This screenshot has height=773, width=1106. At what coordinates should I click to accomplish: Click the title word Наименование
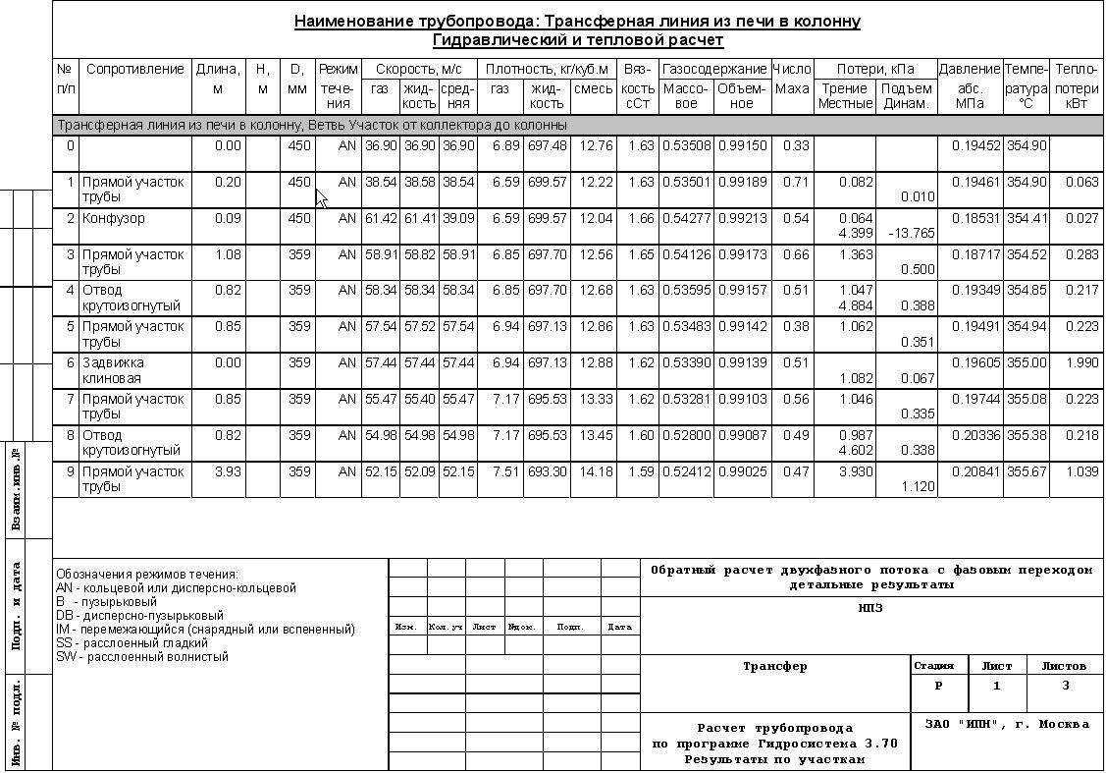coord(346,22)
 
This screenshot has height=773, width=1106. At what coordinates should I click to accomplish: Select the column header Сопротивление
coord(134,70)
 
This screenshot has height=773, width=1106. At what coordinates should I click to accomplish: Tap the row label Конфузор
coord(113,218)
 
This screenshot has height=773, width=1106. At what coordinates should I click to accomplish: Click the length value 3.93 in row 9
coord(227,471)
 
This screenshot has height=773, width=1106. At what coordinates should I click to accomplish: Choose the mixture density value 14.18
coord(595,471)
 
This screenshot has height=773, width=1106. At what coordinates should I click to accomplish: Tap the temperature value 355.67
coord(1026,471)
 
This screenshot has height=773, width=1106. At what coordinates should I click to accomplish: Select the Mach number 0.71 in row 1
coord(796,182)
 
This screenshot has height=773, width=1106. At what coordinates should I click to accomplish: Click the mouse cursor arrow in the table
coord(321,197)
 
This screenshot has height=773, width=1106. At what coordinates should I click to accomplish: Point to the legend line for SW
coord(142,657)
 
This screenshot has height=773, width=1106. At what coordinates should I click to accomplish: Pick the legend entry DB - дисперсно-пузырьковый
coord(139,616)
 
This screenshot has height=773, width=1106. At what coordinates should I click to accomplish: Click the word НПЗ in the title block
coord(869,608)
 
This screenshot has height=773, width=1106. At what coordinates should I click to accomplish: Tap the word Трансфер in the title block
coord(774,667)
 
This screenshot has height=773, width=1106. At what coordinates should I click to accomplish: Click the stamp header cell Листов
coord(1065,666)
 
